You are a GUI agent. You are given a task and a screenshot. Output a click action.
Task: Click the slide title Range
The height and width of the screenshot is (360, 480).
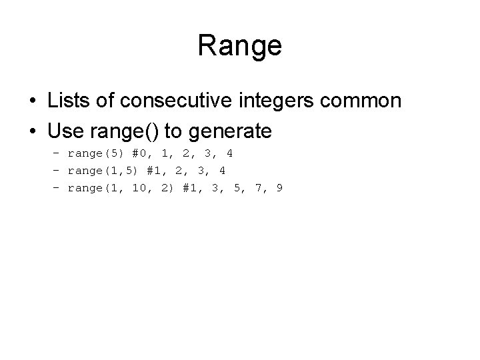tap(240, 46)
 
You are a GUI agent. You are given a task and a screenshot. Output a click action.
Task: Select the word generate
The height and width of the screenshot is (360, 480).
tap(231, 131)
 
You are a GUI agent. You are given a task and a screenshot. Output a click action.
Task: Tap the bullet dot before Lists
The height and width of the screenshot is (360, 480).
tap(32, 101)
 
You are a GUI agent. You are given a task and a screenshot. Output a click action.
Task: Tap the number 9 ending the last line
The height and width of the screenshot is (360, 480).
tap(279, 188)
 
